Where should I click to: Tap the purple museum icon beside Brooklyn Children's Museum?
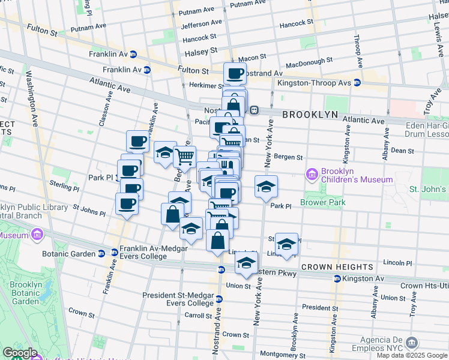312,175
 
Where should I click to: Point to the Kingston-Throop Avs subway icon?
357,82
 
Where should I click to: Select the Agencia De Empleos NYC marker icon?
411,343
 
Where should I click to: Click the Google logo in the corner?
20,353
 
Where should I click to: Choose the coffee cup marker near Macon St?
235,74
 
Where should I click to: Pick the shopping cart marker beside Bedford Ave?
185,157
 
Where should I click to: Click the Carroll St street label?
197,315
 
